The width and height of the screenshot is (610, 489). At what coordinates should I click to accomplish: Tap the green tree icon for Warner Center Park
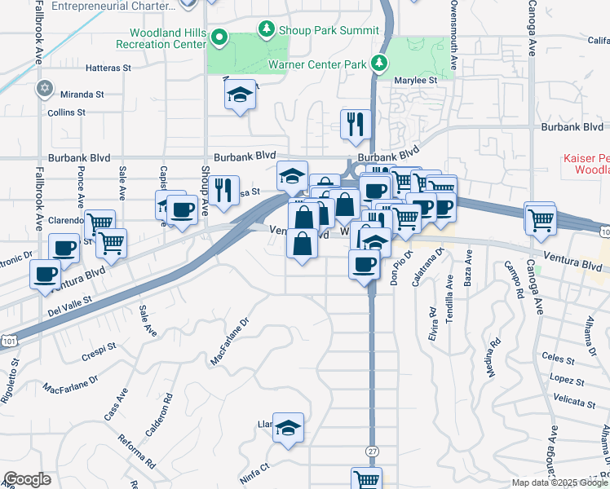point(378,63)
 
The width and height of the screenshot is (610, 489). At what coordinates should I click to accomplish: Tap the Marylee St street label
point(416,81)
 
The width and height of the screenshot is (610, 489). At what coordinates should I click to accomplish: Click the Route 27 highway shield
point(372,451)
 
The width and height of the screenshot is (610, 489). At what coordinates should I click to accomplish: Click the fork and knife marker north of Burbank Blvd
point(355,123)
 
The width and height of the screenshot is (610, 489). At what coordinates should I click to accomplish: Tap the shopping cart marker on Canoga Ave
point(540,218)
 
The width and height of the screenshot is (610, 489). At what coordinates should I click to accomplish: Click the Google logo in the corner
point(27,479)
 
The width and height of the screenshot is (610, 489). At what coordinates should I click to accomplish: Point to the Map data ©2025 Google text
point(559,482)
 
